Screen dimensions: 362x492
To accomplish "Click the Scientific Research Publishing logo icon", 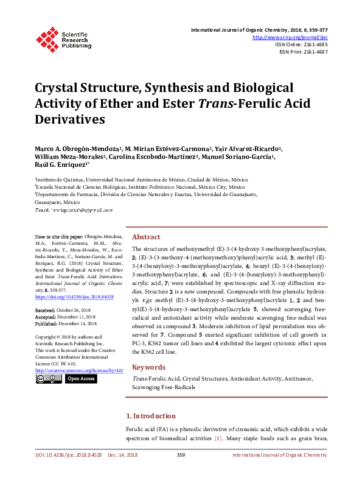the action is (x=47, y=37).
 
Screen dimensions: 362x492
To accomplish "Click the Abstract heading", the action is (x=146, y=237).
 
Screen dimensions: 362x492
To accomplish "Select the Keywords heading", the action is (x=148, y=367).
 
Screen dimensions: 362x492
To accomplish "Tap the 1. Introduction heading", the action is (x=151, y=416).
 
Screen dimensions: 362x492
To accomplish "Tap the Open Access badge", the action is (x=81, y=379).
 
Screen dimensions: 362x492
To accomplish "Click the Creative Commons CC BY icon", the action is (x=49, y=379).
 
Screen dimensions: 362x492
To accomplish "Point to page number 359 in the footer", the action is (x=181, y=455).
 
